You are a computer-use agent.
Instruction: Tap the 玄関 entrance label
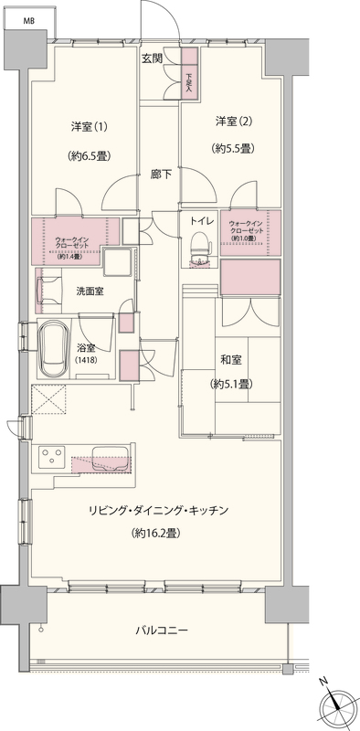tap(153, 58)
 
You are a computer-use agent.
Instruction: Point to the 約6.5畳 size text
tap(89, 156)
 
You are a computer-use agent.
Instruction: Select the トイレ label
tap(202, 221)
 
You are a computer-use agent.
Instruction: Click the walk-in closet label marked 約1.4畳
tap(70, 247)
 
